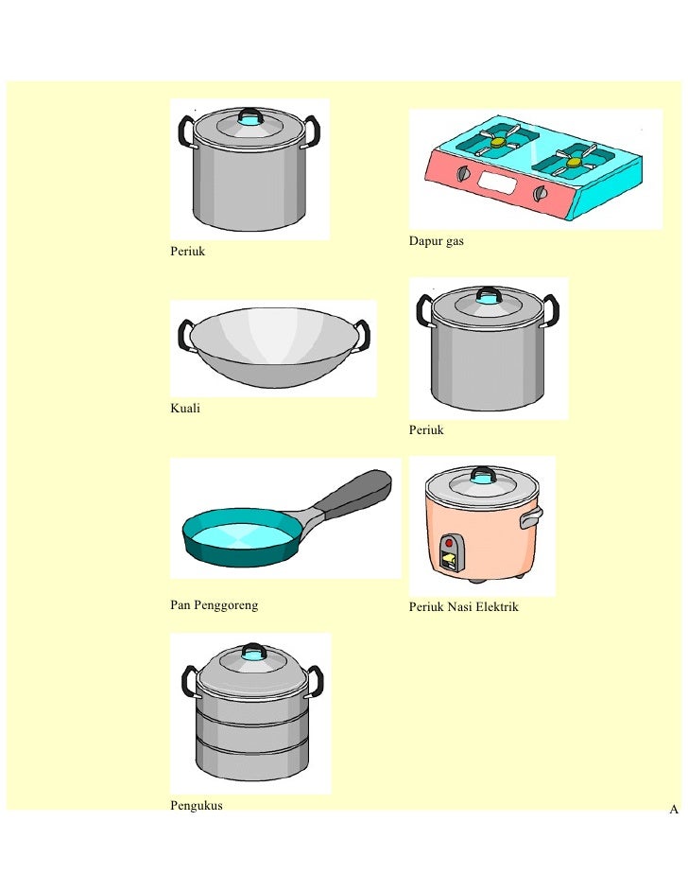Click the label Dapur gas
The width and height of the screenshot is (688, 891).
[436, 241]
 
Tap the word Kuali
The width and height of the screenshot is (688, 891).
[185, 408]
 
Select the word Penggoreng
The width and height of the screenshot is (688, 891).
[226, 605]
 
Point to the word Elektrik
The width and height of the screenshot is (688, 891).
[497, 607]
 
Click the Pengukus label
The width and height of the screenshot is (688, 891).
[197, 806]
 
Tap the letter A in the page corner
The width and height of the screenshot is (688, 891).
[674, 809]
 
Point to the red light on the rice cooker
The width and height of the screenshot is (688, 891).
[449, 543]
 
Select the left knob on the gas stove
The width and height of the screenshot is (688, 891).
[464, 174]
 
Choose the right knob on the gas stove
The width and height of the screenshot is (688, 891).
[541, 194]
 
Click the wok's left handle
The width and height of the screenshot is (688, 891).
[184, 334]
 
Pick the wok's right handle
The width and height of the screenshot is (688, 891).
[362, 335]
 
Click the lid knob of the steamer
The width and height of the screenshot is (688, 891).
[253, 652]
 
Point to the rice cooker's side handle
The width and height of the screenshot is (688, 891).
[531, 517]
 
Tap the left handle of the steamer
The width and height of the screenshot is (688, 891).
[188, 681]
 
